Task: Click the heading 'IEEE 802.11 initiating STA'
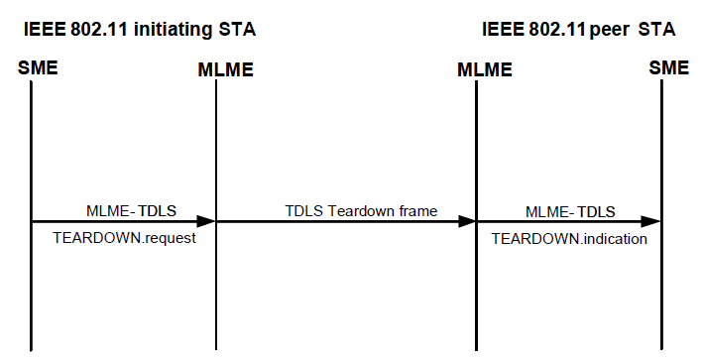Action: [140, 31]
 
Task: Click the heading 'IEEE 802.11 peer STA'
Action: [579, 31]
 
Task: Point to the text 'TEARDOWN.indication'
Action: [569, 239]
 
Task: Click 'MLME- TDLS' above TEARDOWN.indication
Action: [569, 210]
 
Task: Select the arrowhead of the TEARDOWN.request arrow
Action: [206, 222]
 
